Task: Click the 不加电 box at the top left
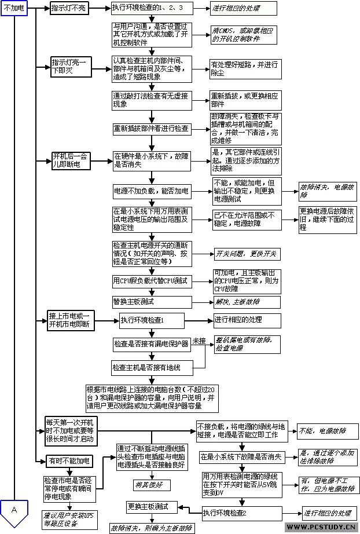tap(15, 9)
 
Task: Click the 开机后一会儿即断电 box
tap(71, 160)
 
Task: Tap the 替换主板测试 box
tap(133, 301)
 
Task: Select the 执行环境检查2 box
tap(225, 513)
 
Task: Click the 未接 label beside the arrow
tap(199, 340)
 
